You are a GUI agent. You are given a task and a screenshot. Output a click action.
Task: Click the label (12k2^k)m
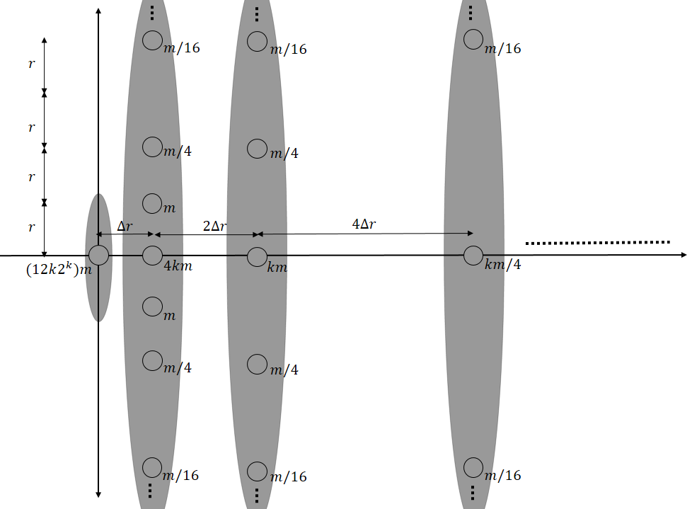[x=59, y=268]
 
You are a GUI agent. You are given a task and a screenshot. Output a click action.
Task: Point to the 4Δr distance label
[x=364, y=224]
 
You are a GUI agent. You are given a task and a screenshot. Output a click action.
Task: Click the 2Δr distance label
[x=214, y=226]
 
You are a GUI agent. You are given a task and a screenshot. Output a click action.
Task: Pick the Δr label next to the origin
[x=125, y=227]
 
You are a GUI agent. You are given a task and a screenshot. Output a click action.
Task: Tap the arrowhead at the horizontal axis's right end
[x=684, y=255]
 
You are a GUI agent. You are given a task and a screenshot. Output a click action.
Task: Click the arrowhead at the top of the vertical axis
[x=98, y=11]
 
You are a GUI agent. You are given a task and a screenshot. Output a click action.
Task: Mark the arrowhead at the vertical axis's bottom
[x=98, y=494]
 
